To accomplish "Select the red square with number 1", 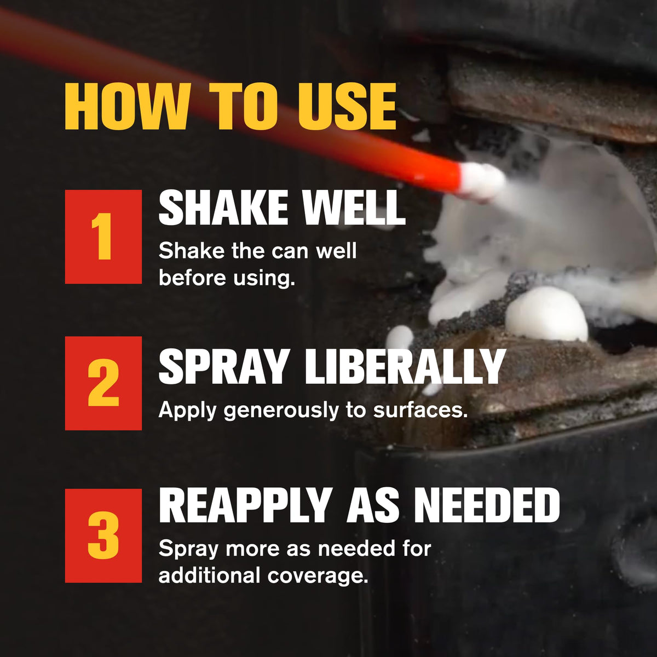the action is [x=103, y=237].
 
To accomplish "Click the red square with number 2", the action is [x=103, y=383].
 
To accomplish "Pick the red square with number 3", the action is [x=103, y=535].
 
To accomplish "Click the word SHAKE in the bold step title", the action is [x=223, y=208].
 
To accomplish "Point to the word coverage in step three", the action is [x=318, y=577].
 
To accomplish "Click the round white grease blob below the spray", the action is [x=545, y=314].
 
